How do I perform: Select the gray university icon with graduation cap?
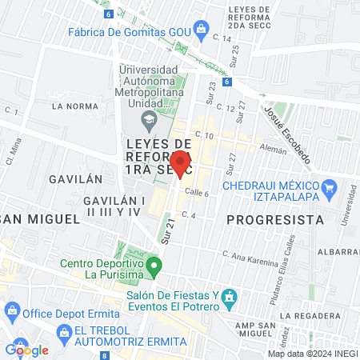pyautogui.click(x=148, y=122)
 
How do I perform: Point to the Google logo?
pyautogui.click(x=26, y=350)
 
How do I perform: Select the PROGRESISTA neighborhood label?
pyautogui.click(x=274, y=218)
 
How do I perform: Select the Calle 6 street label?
pyautogui.click(x=197, y=192)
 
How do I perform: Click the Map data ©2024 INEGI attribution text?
pyautogui.click(x=312, y=354)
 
